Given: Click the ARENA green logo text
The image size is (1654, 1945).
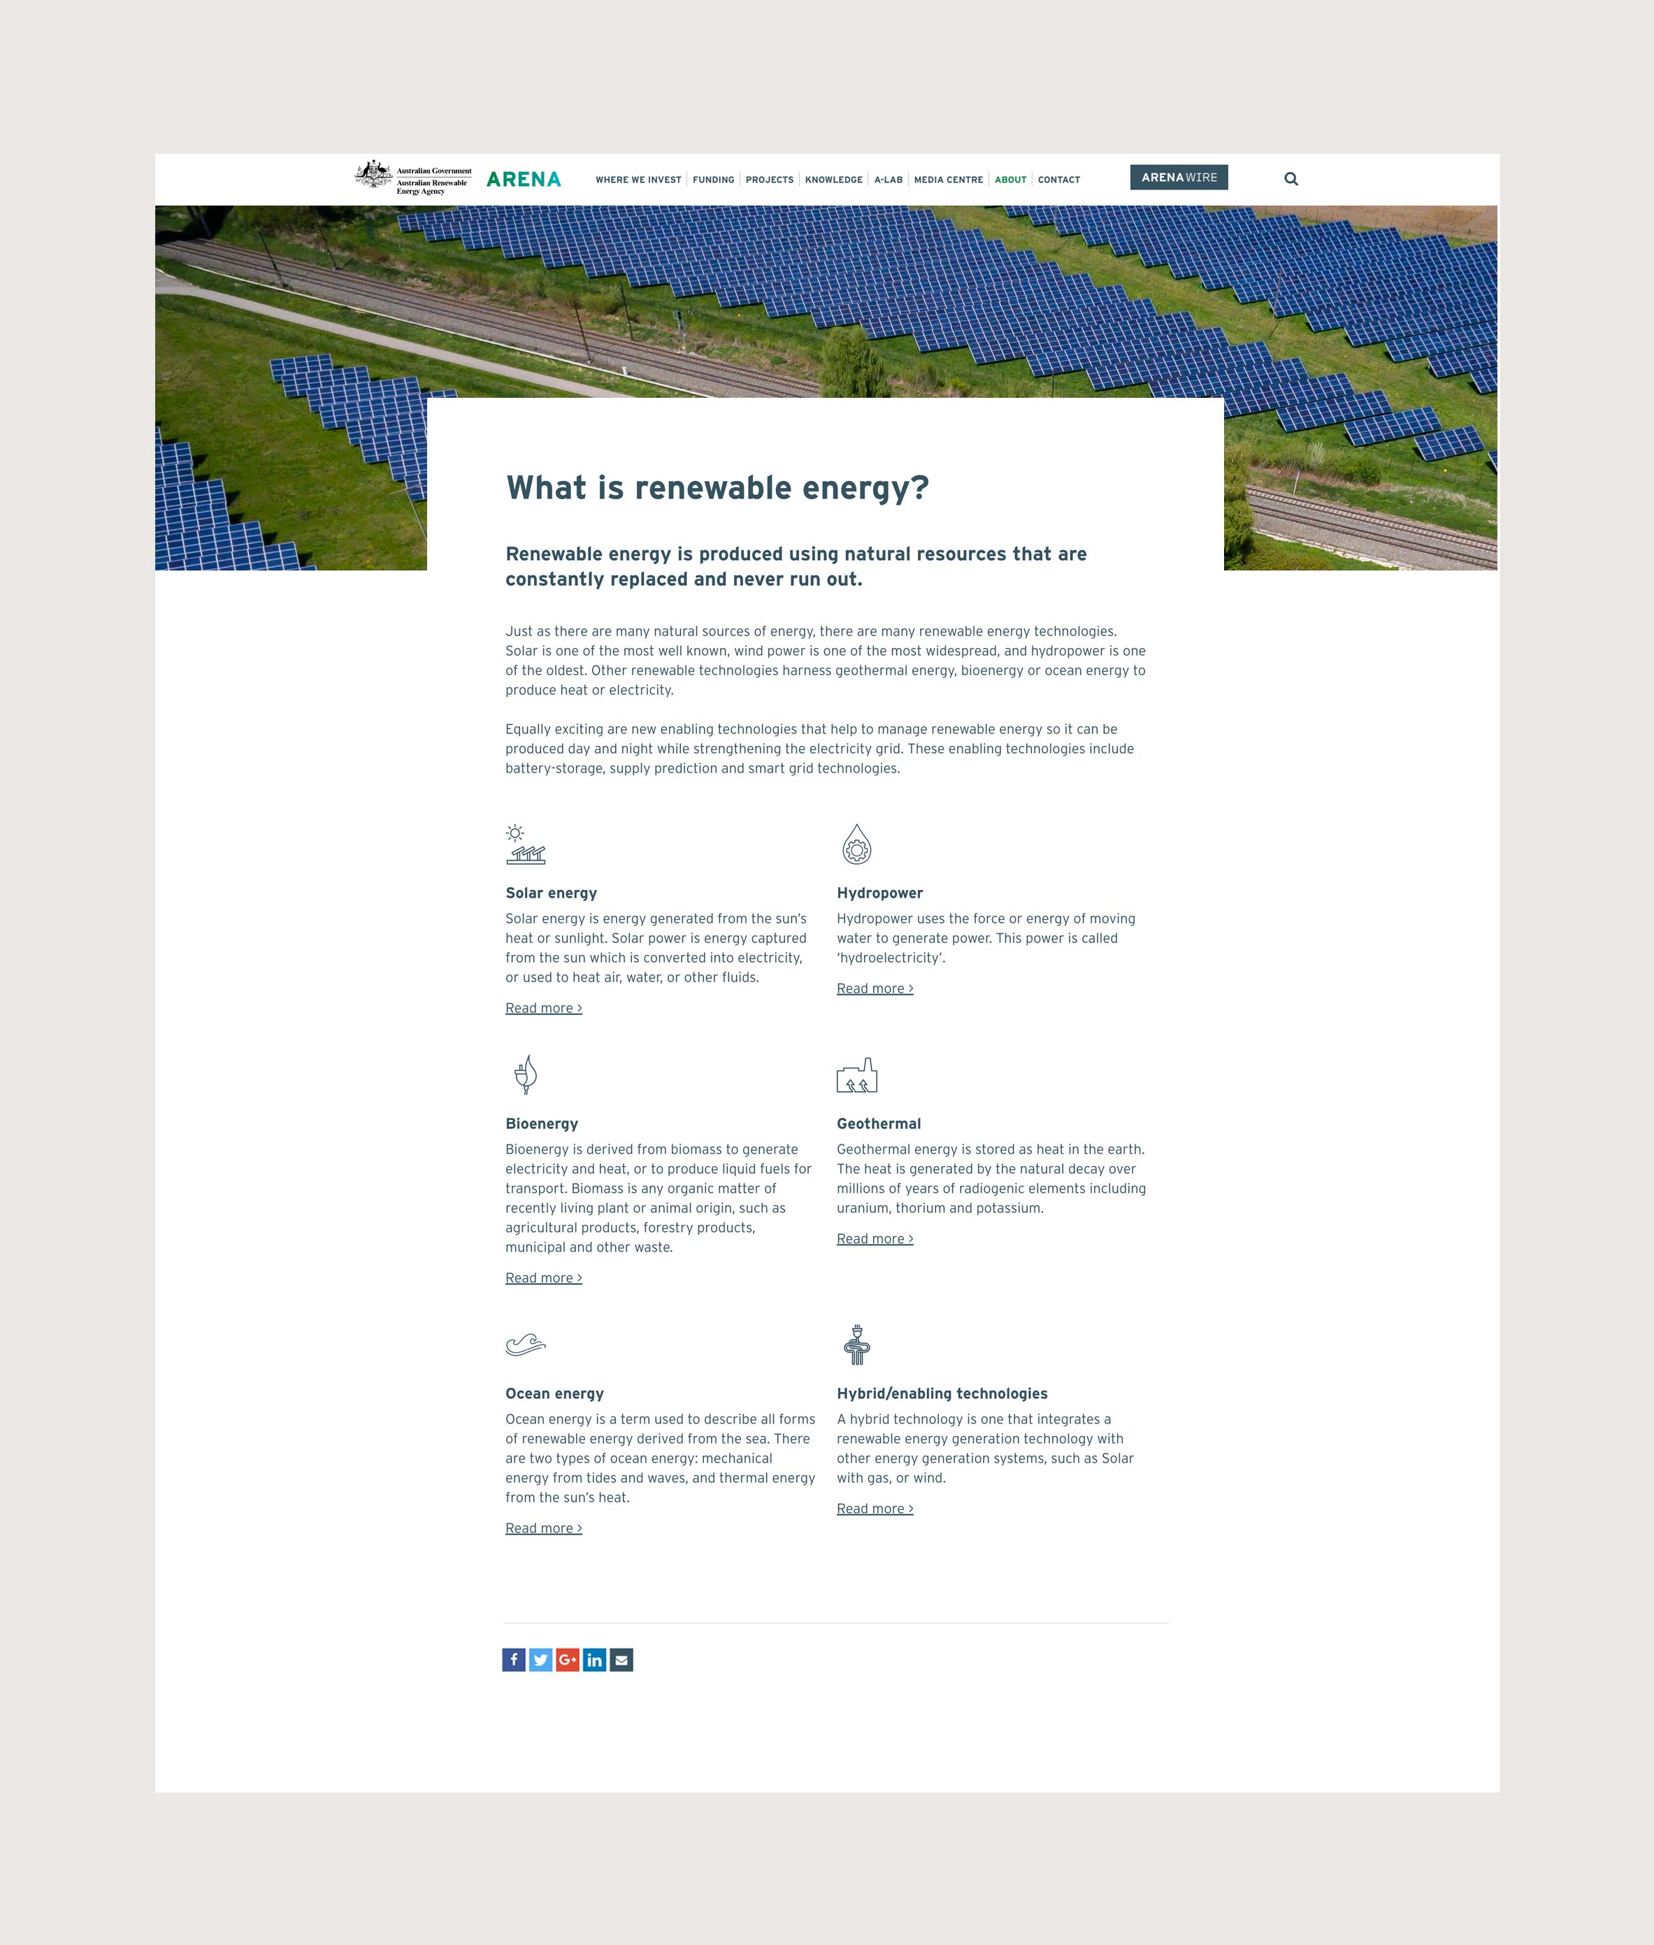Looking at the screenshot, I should point(523,179).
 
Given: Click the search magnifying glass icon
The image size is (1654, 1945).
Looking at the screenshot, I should point(1290,179).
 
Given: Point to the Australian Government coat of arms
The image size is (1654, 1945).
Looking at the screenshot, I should point(374,173).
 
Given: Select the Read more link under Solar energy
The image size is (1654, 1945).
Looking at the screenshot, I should point(543,1008).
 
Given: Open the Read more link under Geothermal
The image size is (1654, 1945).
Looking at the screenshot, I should point(874,1239).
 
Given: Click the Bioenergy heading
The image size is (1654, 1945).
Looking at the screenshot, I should point(541,1124).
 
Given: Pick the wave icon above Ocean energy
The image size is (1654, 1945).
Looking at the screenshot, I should point(525,1345).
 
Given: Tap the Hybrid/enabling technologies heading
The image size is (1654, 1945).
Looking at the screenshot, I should point(942,1393).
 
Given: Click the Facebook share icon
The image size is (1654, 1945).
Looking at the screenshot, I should point(514,1660).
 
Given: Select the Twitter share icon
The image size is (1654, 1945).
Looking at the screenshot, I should point(540,1660).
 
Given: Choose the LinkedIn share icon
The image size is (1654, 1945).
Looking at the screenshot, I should point(594,1660).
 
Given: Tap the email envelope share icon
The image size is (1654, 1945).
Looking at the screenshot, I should point(621,1660).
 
